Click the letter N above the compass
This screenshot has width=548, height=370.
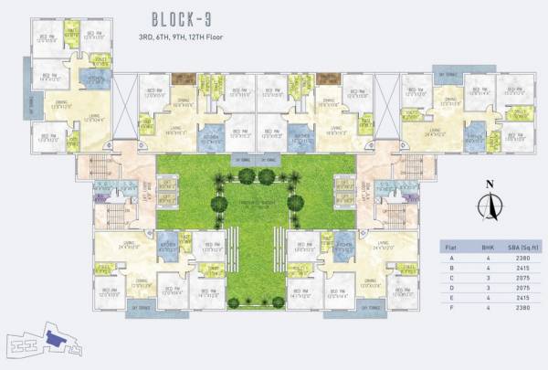[x=489, y=185]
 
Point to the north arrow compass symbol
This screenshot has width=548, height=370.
[x=489, y=209]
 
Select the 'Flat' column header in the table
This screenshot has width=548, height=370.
[x=449, y=246]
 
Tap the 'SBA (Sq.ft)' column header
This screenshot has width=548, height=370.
[x=522, y=246]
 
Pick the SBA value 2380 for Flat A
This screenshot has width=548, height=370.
[x=522, y=258]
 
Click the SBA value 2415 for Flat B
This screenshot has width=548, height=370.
[x=522, y=269]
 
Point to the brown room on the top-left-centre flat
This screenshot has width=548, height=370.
[x=184, y=79]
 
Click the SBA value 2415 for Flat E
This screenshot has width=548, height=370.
[x=522, y=301]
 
